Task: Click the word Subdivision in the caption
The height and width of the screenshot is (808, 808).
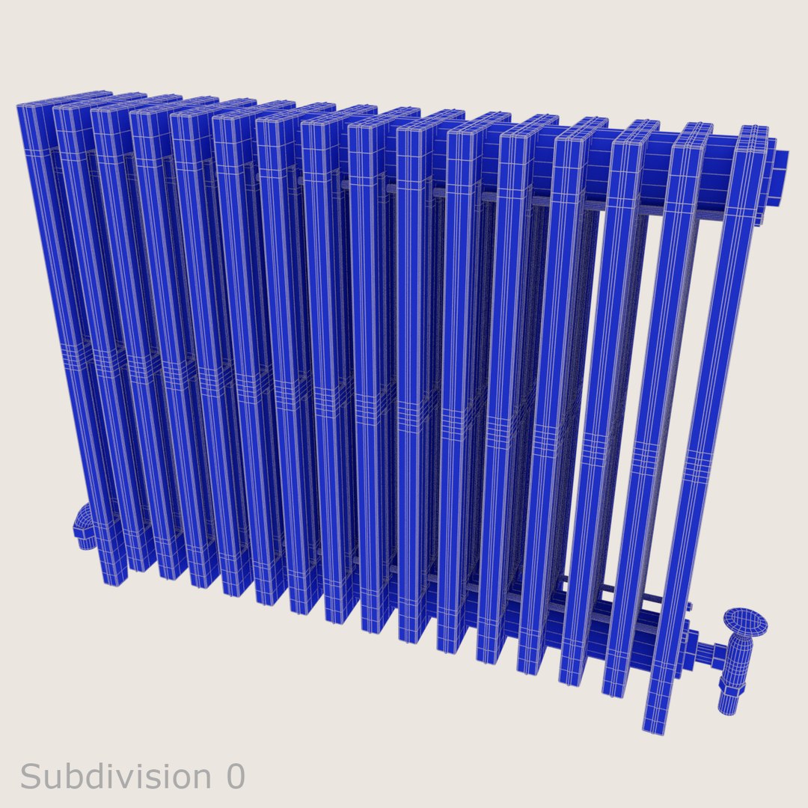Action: click(116, 777)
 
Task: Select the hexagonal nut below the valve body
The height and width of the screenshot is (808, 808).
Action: click(729, 703)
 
